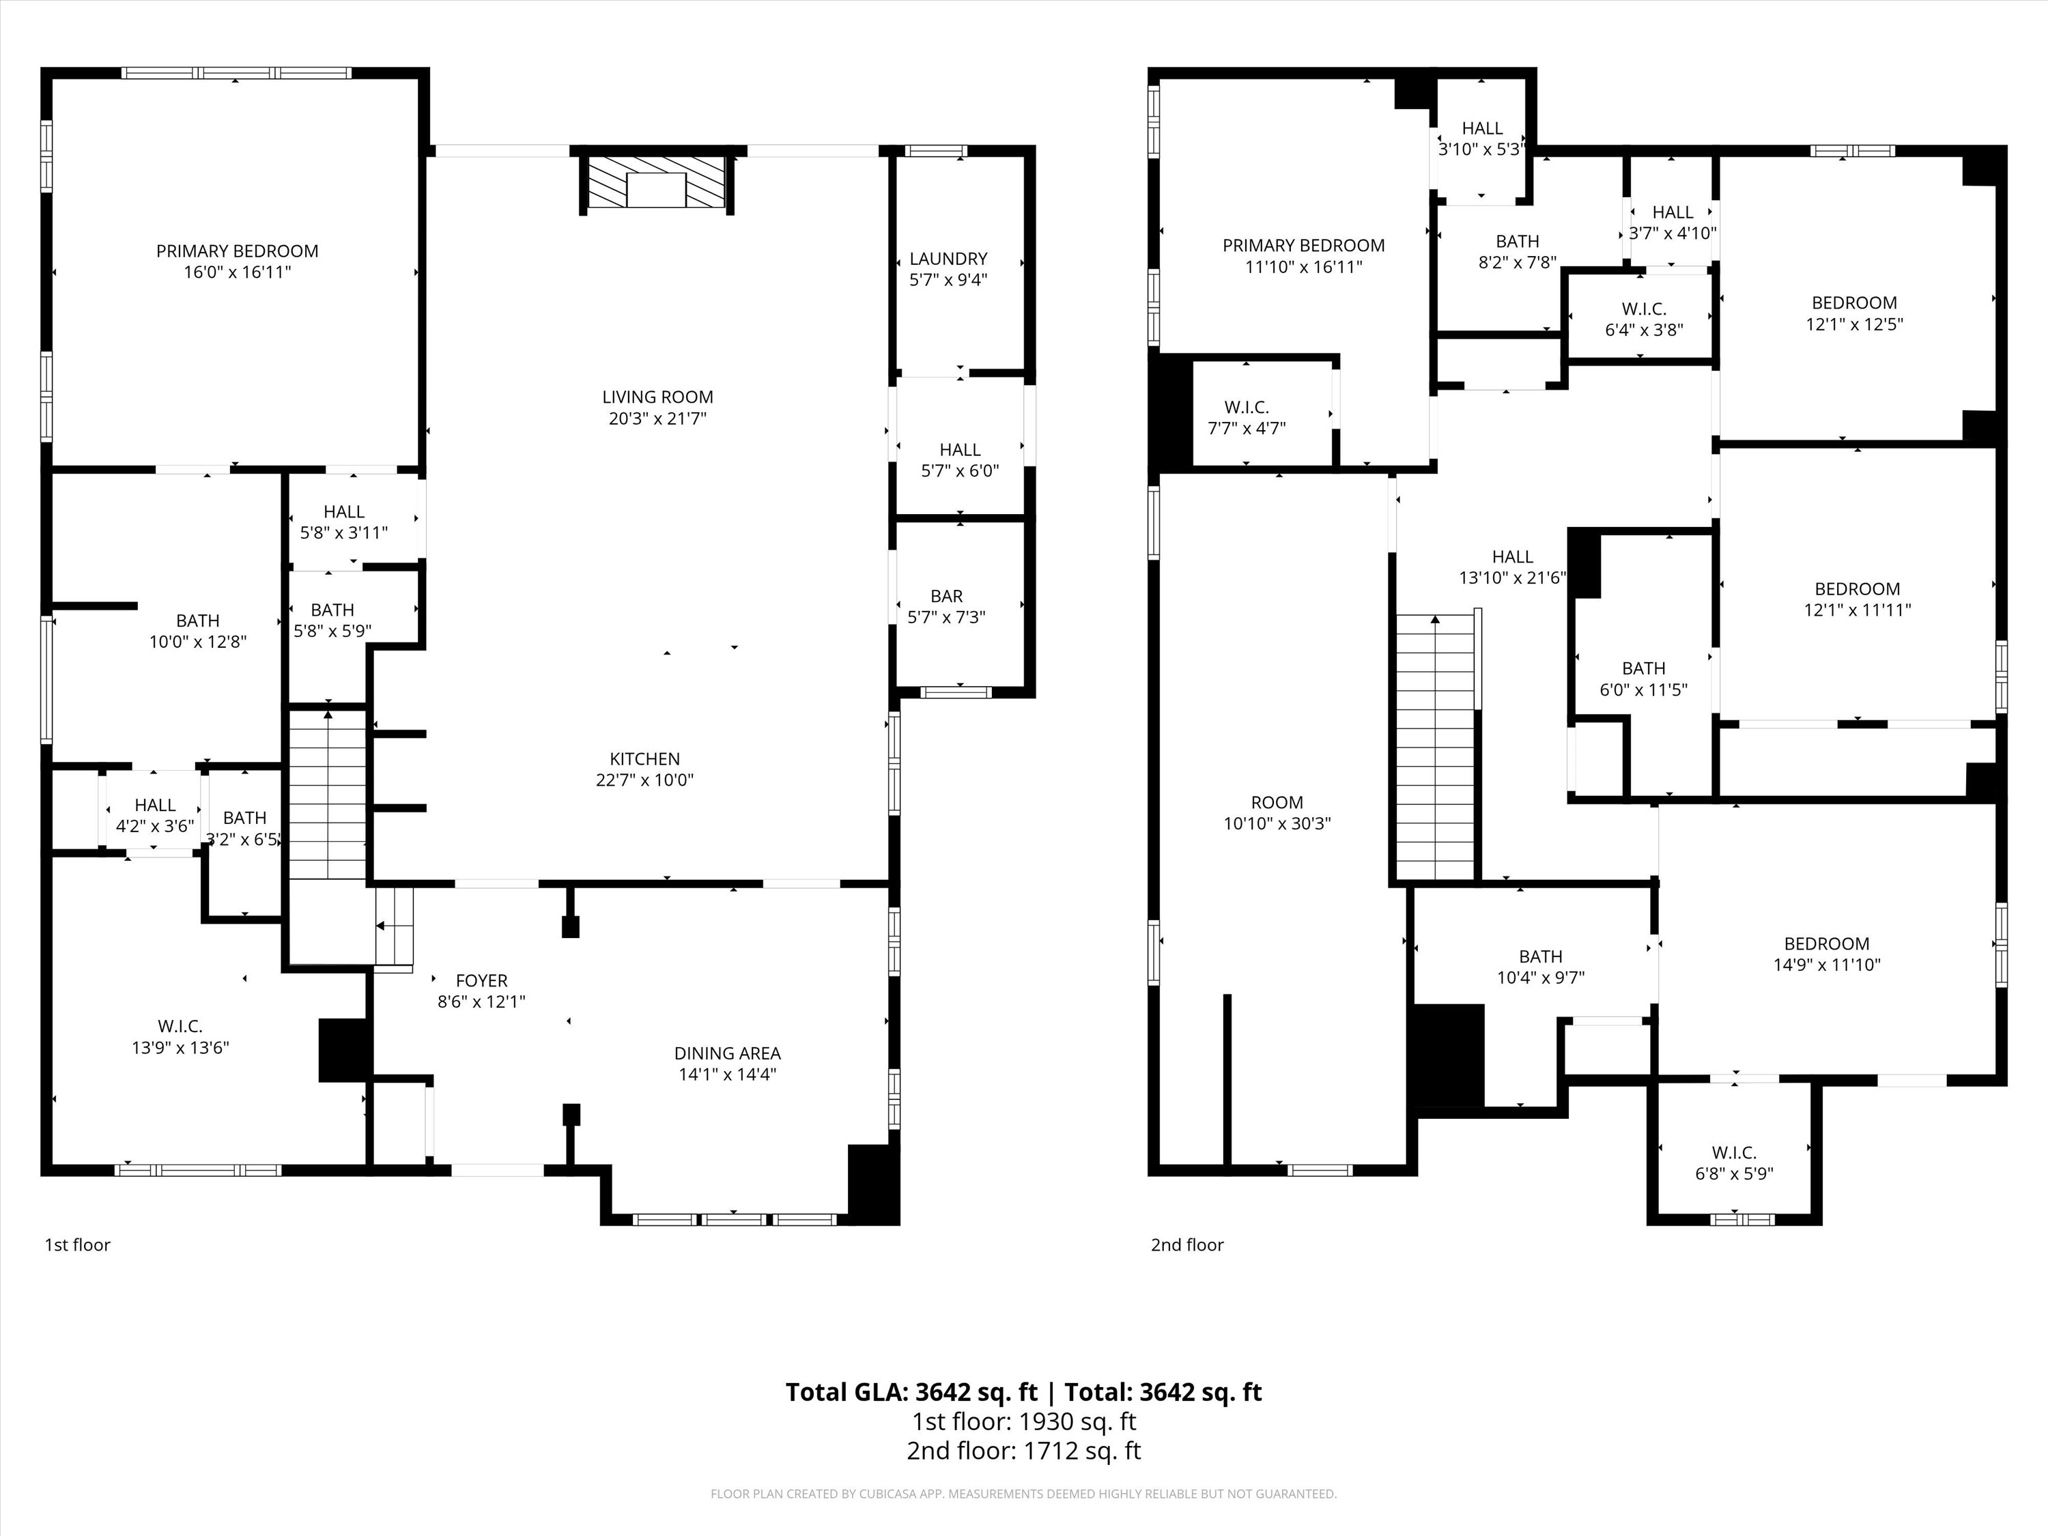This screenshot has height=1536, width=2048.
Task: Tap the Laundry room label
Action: (948, 258)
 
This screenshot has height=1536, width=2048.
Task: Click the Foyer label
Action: (481, 980)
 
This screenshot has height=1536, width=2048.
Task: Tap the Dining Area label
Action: (727, 1053)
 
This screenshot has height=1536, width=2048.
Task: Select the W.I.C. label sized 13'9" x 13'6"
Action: (180, 1027)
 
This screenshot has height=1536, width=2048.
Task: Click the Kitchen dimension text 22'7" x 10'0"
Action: (644, 780)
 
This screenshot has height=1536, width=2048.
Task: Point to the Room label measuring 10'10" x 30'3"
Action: (1277, 803)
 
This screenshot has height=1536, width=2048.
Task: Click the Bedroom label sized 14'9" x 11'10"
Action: (1827, 943)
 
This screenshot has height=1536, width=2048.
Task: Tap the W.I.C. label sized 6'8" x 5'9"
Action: (1734, 1153)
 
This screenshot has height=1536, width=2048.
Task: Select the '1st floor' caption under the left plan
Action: (78, 1245)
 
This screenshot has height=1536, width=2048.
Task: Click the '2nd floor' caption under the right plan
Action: (1187, 1245)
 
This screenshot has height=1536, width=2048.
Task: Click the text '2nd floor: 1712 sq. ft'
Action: (1023, 1451)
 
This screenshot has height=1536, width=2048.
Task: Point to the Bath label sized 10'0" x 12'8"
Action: (198, 621)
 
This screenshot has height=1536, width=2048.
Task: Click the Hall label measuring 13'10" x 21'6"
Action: (1512, 556)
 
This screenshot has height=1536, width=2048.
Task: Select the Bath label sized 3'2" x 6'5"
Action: (244, 819)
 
